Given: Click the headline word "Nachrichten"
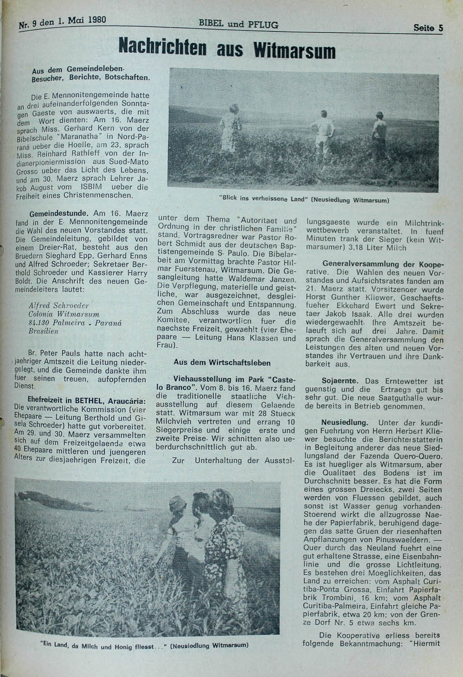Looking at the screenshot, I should point(163,47).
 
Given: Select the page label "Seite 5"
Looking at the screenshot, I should point(428,28).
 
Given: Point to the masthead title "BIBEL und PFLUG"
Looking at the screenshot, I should point(238,24).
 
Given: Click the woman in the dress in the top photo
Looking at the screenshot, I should point(230,128).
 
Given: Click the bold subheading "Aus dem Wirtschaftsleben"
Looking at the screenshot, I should point(222,362).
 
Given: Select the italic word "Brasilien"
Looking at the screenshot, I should point(44,331).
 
